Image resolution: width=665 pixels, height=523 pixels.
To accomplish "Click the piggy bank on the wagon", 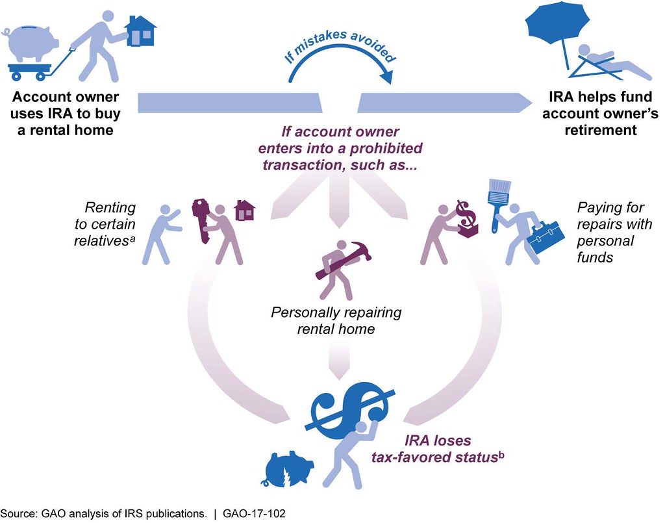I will tap(29, 45).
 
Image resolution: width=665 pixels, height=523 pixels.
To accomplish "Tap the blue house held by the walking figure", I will tap(140, 29).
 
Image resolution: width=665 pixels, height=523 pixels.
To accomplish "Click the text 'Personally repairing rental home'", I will tap(336, 320).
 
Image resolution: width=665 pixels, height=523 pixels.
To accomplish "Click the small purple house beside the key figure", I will tap(244, 210).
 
